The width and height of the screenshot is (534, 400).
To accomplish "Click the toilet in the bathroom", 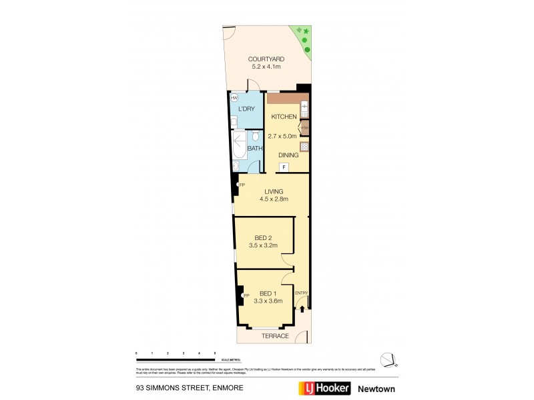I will coord(254,138).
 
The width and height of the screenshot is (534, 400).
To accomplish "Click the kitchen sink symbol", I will coord(304,107).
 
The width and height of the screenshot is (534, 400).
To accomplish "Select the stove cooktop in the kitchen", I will coord(304,146).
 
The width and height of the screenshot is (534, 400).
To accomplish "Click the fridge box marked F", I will coord(284,167).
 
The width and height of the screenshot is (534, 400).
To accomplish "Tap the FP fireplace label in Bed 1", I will coord(246,295).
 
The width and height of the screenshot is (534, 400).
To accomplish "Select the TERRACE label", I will coord(275,336).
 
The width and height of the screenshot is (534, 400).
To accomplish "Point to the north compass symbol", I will coord(389,359).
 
